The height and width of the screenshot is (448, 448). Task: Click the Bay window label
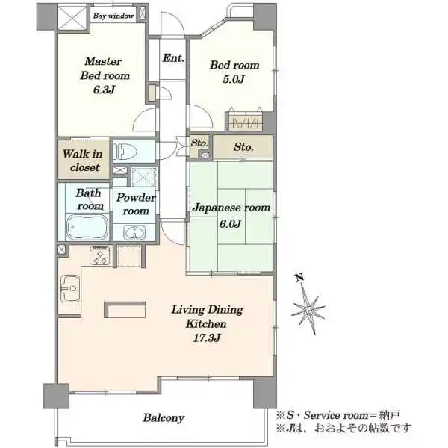113,16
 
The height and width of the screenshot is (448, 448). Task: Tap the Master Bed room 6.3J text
105,75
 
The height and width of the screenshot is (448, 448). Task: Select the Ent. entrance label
173,58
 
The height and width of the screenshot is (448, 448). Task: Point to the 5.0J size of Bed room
234,79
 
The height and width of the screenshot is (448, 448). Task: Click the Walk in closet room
84,160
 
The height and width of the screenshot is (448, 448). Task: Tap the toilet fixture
125,152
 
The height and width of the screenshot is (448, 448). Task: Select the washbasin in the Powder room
134,232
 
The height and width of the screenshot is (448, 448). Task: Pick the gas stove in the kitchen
101,255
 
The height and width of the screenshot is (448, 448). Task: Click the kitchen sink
70,288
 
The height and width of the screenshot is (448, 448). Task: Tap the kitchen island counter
125,310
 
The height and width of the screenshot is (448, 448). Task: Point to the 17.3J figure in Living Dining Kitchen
207,338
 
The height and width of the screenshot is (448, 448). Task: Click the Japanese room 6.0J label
231,215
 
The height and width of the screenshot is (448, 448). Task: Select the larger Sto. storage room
243,146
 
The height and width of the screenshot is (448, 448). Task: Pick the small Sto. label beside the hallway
199,143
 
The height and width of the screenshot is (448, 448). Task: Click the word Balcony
164,417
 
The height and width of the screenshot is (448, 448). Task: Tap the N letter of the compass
299,277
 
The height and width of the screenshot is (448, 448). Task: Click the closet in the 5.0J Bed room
245,122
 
